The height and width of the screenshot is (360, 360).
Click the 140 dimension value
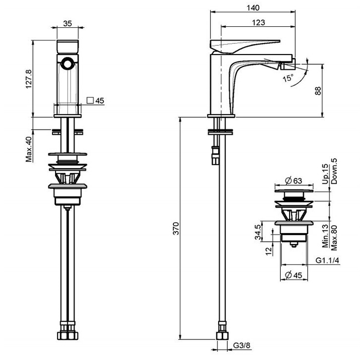[253, 8]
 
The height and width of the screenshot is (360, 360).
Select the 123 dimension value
[258, 23]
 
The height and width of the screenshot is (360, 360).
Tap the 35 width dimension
[67, 24]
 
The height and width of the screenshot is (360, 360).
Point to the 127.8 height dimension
[29, 79]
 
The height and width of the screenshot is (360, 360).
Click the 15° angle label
[288, 78]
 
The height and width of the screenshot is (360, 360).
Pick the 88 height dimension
[318, 91]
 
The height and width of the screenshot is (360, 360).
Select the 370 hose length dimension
[176, 228]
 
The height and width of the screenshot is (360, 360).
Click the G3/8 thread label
[242, 345]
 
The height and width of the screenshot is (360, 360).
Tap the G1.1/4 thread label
[327, 260]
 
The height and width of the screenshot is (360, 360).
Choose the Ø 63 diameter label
[294, 181]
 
